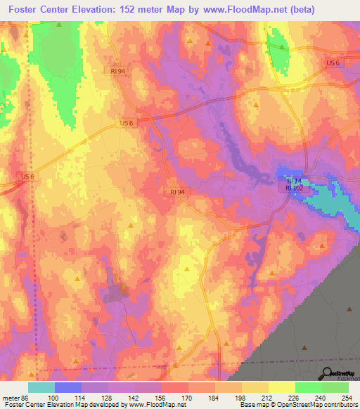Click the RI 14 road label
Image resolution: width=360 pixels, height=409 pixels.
click(x=293, y=181)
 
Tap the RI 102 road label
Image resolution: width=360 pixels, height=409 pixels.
click(x=293, y=188)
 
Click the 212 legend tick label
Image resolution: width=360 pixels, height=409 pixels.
click(x=268, y=397)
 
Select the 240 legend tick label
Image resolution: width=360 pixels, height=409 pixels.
click(x=321, y=397)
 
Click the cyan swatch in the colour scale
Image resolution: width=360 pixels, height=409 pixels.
click(x=41, y=387)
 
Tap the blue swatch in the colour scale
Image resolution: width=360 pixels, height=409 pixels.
click(x=67, y=387)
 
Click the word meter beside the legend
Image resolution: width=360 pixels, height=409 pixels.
click(x=10, y=397)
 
